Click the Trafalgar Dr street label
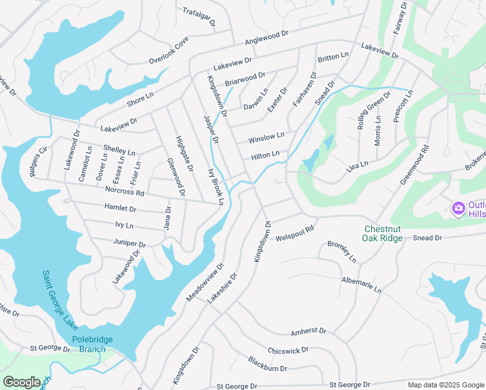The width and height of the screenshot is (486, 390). click(199, 16)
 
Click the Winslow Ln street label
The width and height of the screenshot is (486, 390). click(266, 138)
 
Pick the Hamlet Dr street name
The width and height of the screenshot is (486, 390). click(120, 209)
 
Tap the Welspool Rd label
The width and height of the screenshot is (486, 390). click(295, 234)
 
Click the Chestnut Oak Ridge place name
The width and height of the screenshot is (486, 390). click(393, 233)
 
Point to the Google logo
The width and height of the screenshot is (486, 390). click(21, 382)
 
